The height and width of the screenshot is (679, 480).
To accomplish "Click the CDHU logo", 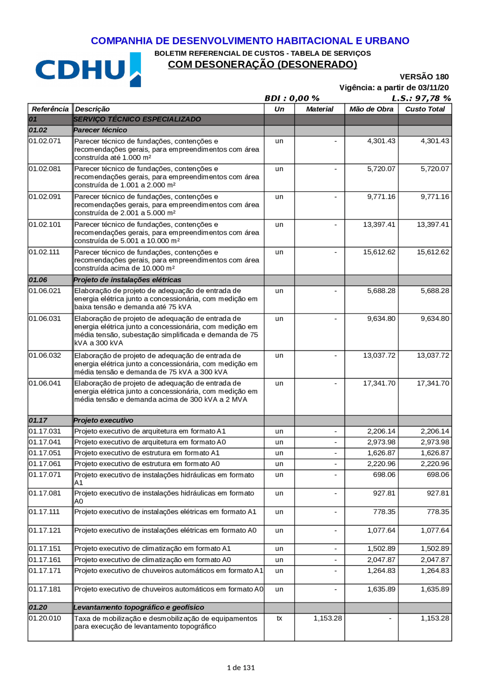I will [x=88, y=70].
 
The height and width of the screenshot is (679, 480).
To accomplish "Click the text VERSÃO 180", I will [x=424, y=77].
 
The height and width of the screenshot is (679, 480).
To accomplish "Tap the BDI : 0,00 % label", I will [x=292, y=98].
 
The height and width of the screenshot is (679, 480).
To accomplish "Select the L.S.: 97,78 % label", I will [x=421, y=98].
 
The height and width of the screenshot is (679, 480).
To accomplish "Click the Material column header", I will [x=319, y=109].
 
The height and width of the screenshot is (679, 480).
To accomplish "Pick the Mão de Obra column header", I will [x=371, y=109].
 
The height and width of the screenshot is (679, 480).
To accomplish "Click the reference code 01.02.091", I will [x=45, y=197].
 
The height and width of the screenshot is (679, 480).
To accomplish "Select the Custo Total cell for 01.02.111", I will [x=433, y=252].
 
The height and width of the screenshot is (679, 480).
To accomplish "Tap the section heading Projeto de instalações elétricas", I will [x=127, y=280].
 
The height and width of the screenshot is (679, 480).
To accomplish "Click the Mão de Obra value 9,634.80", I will [x=381, y=319].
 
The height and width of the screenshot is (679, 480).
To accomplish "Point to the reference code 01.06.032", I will [x=45, y=355].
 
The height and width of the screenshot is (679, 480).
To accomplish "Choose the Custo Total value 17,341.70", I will [x=433, y=383].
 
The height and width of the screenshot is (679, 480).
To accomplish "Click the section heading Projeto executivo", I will [x=103, y=420].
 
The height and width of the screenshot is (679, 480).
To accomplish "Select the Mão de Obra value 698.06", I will [x=384, y=475].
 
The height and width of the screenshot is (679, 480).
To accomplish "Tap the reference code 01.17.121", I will [x=45, y=530].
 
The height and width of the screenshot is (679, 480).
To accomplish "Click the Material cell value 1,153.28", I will [x=327, y=618].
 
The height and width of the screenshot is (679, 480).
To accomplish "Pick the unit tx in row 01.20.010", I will [x=279, y=618].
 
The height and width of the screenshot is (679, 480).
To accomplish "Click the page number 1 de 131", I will [x=241, y=667].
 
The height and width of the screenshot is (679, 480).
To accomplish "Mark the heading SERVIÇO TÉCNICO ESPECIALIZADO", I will [x=137, y=119].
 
